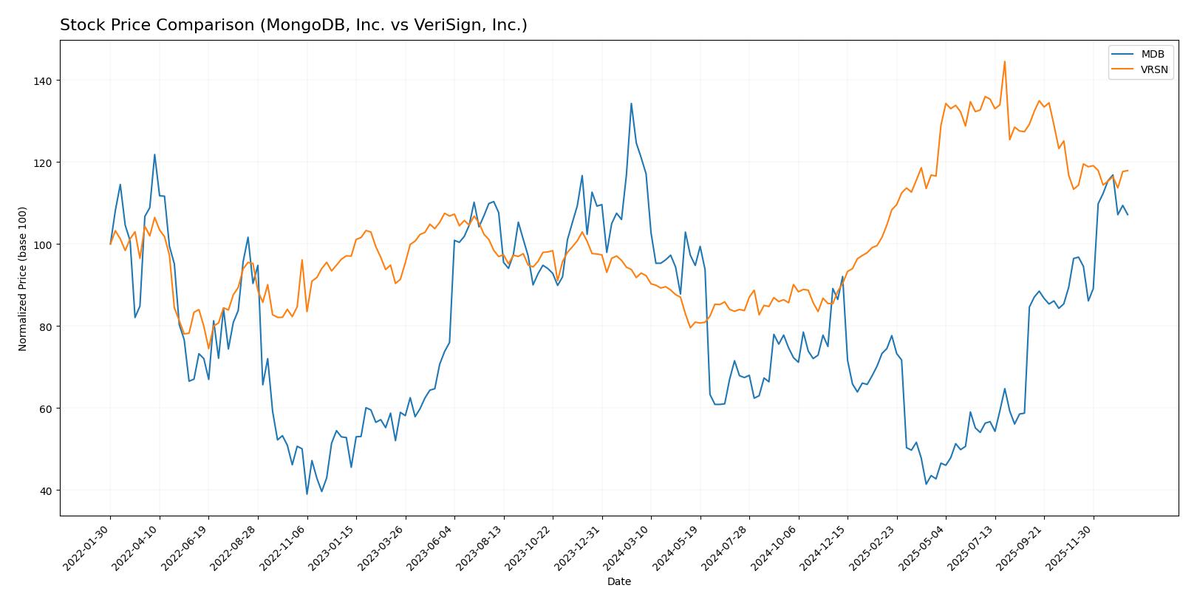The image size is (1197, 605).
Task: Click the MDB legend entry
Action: point(1152,55)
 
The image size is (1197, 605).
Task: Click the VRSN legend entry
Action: point(1154,70)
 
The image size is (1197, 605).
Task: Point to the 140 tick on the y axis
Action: point(45,81)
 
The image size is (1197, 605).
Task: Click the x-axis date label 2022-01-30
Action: point(86,547)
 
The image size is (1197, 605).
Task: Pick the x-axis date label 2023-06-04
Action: point(430,547)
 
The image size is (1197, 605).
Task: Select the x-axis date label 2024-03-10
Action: point(627,547)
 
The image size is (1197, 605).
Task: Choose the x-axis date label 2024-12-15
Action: point(823,547)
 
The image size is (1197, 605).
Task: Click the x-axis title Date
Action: point(618,582)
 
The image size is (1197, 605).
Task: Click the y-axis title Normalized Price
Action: point(23,278)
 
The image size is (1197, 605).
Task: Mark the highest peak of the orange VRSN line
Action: point(1004,61)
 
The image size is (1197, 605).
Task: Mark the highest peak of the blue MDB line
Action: point(631,103)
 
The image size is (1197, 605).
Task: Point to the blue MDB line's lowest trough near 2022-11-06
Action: point(307,494)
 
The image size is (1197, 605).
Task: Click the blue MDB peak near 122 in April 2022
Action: point(154,154)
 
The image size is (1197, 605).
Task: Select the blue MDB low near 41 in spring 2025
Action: point(926,484)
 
